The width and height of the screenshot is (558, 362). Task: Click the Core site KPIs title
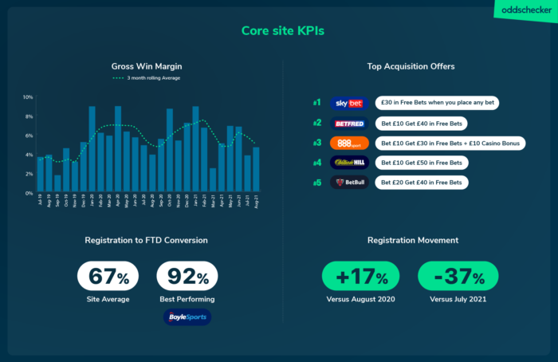point(278,31)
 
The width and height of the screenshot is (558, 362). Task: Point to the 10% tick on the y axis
point(28,97)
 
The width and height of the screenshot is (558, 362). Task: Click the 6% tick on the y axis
point(28,136)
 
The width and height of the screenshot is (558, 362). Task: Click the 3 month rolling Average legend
point(147,78)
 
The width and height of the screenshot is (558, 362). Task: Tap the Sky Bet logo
point(348,104)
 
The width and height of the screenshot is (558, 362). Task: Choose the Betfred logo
point(348,124)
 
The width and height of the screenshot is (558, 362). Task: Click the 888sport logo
point(348,143)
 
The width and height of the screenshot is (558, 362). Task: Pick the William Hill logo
point(348,163)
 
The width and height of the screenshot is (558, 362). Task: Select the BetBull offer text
point(422,182)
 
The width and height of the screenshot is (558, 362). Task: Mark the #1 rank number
point(316,104)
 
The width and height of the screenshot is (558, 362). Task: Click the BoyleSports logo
point(187,317)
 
